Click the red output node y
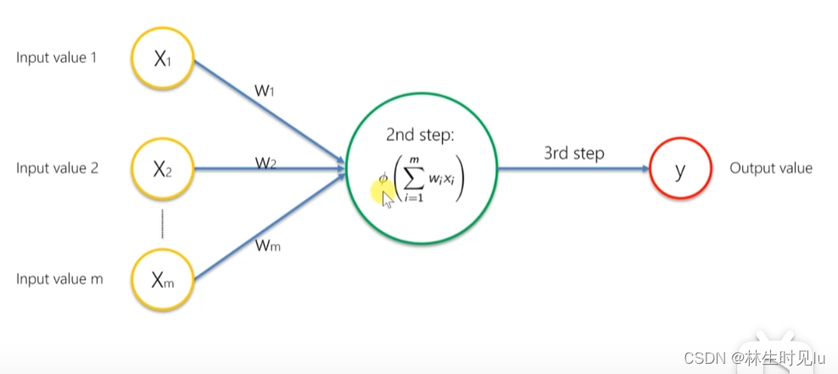(679, 169)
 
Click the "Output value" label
(770, 168)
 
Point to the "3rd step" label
(574, 154)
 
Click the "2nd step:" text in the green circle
(422, 135)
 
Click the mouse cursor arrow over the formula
(387, 199)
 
